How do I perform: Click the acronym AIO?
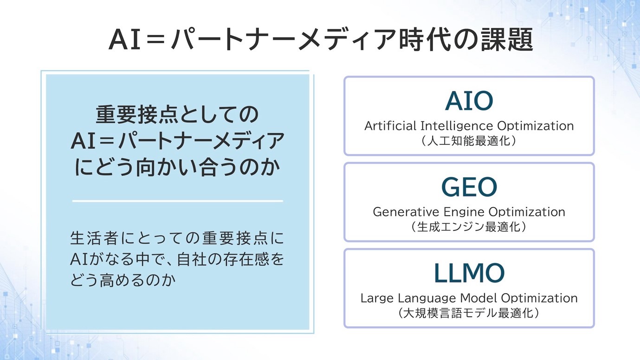click(469, 101)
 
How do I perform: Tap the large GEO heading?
click(469, 187)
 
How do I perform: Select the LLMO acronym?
click(469, 273)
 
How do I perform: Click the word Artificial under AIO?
click(390, 126)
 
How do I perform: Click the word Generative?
click(406, 212)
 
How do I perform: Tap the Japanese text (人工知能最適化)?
click(469, 141)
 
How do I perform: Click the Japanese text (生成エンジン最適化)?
click(469, 227)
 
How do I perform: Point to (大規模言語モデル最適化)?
click(469, 313)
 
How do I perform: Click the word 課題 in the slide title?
click(507, 39)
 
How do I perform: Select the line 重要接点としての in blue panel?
click(177, 115)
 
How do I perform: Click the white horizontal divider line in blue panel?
click(177, 201)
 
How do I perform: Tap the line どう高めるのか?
click(123, 280)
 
